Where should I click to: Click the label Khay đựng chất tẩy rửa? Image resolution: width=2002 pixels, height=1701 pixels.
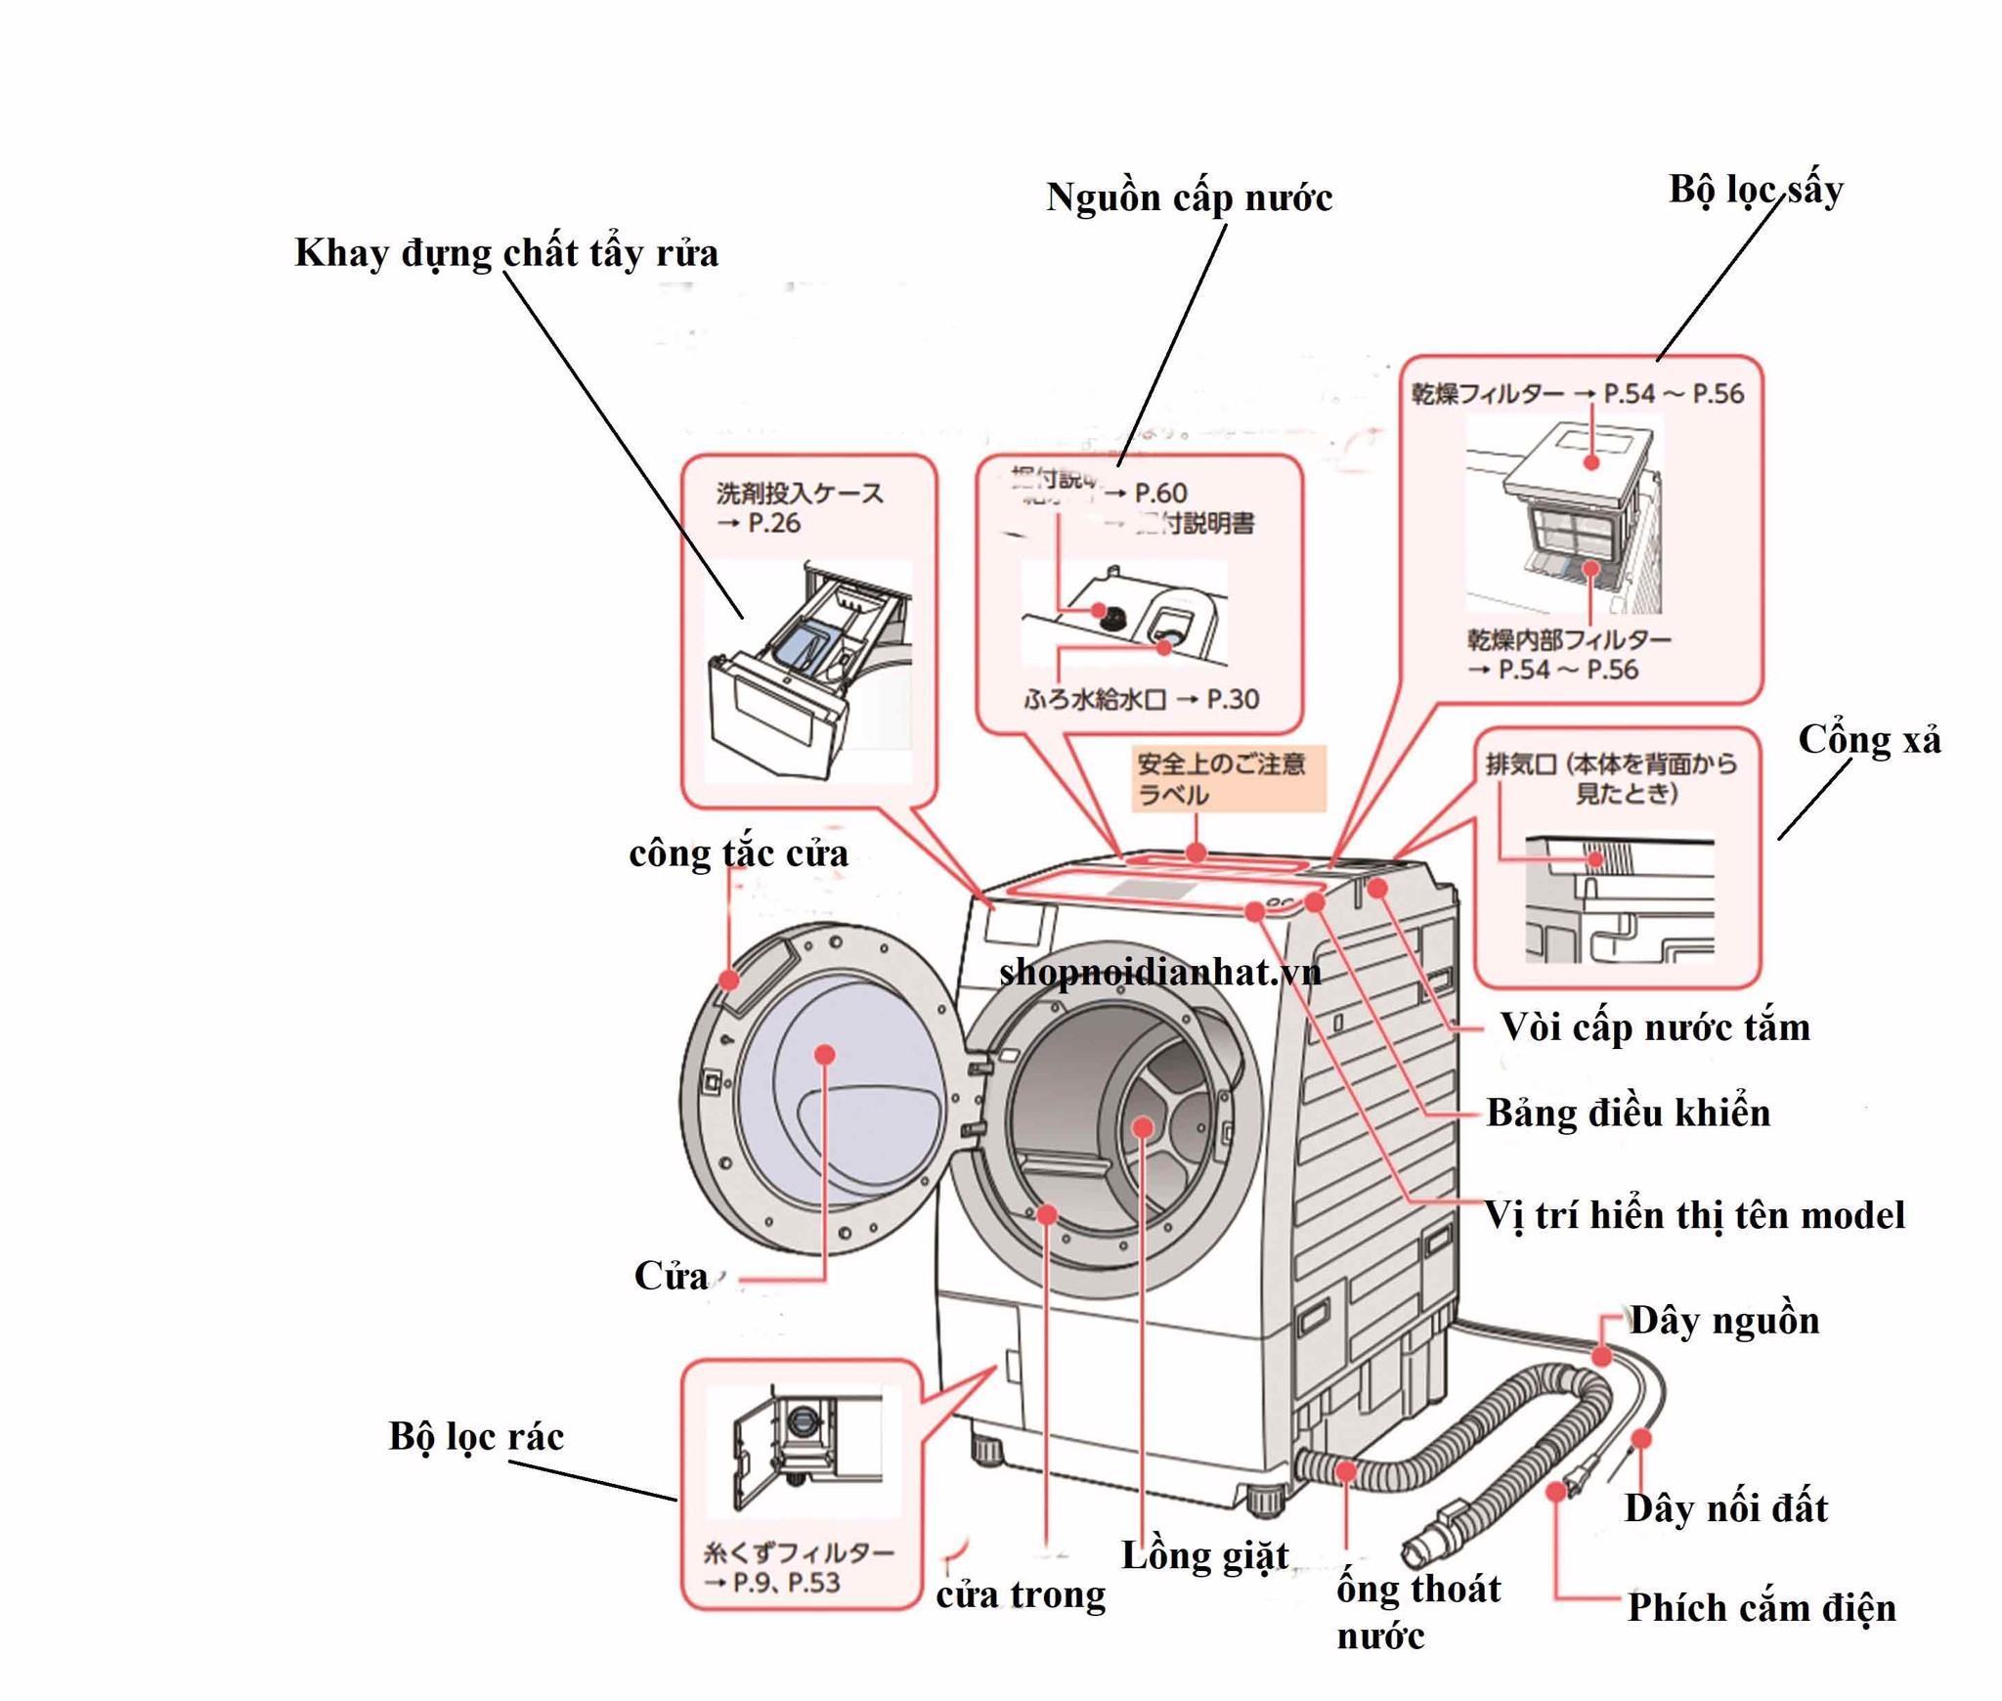click(506, 253)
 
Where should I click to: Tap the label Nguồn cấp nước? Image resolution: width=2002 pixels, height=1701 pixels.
click(1189, 197)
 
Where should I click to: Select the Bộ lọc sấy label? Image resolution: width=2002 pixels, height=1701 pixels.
click(1756, 190)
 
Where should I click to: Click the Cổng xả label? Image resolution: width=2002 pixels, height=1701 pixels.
click(1869, 740)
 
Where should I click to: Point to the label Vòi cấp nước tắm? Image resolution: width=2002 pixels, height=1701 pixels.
click(1655, 1027)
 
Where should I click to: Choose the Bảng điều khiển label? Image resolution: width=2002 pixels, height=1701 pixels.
click(1629, 1112)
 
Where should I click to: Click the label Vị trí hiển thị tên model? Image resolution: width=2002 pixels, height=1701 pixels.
click(1695, 1215)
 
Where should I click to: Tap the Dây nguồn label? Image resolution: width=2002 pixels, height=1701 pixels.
click(1724, 1321)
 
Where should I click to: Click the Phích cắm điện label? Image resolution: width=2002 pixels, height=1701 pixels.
click(1762, 1608)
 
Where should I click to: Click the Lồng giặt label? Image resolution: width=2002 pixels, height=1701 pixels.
click(1204, 1555)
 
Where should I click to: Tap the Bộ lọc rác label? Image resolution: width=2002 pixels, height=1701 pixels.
click(476, 1436)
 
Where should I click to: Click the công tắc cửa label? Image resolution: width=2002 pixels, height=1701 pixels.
click(738, 853)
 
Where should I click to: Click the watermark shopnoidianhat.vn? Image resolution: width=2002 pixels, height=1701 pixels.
click(1159, 972)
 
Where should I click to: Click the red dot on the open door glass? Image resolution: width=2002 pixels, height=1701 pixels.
click(824, 1055)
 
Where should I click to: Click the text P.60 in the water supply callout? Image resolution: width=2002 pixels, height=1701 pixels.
click(1160, 493)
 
